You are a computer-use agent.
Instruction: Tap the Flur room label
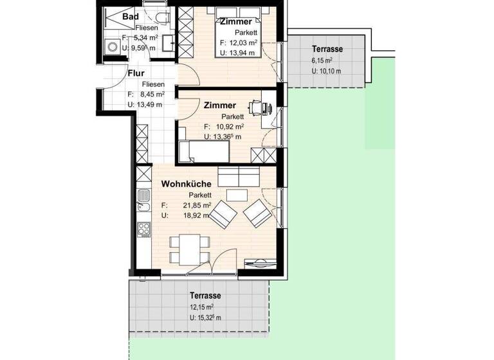click(x=135, y=73)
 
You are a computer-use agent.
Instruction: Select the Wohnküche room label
click(x=186, y=184)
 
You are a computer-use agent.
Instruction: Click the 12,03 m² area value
click(x=244, y=42)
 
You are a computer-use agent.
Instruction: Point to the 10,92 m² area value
click(x=230, y=127)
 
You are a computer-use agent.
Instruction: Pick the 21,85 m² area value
click(x=197, y=205)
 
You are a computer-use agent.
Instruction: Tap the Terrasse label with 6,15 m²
click(x=327, y=49)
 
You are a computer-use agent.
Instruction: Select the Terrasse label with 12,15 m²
click(x=205, y=296)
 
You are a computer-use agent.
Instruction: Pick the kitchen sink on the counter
click(x=142, y=206)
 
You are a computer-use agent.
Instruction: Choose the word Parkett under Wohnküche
click(x=199, y=195)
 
